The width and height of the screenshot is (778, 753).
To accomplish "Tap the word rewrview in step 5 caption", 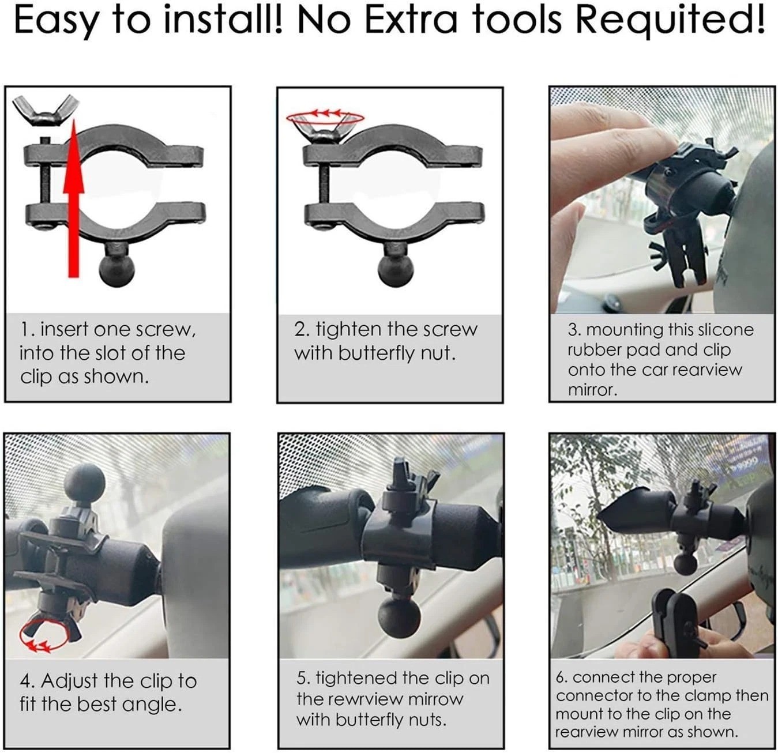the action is point(361,699).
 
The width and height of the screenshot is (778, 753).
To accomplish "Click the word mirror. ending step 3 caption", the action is point(592,390).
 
